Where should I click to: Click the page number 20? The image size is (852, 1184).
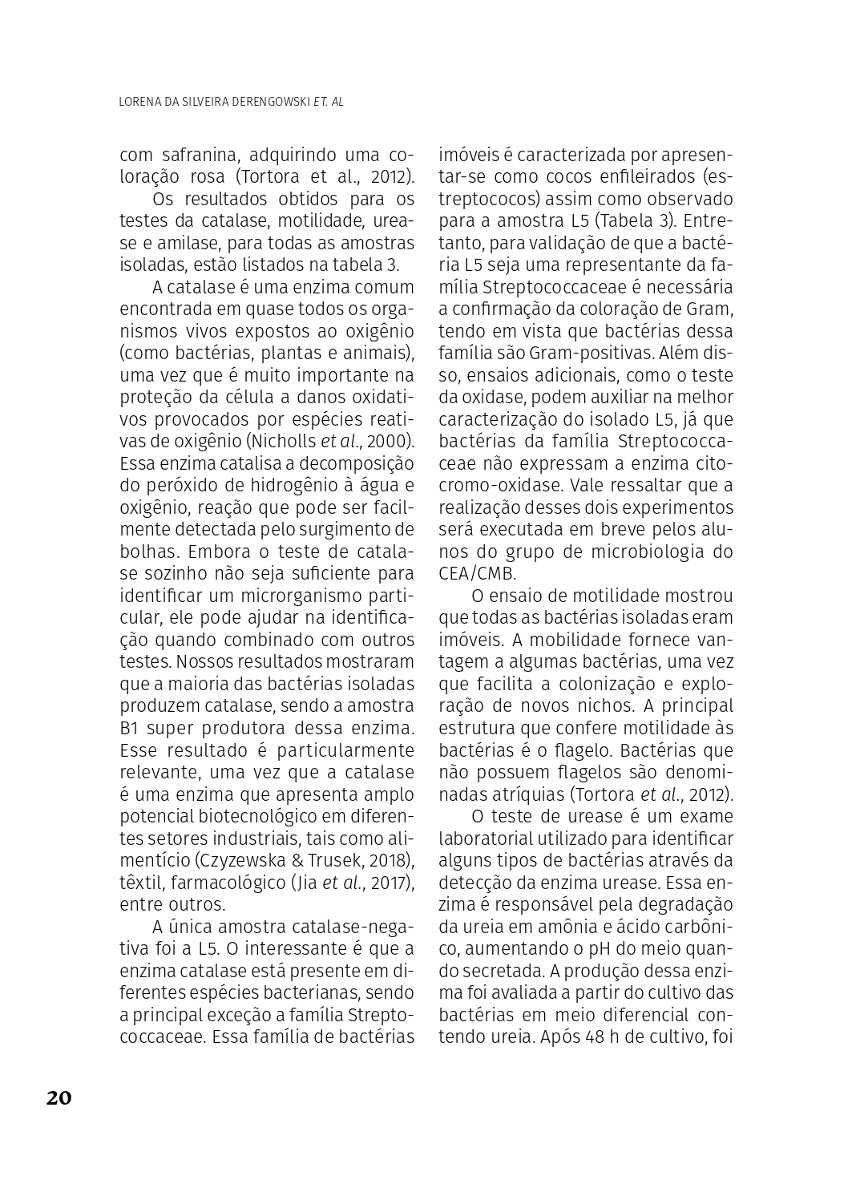pos(59,1097)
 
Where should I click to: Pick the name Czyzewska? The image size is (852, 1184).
pos(239,860)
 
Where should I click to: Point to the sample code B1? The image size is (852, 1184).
pos(131,729)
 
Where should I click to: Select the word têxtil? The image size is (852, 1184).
pos(139,883)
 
